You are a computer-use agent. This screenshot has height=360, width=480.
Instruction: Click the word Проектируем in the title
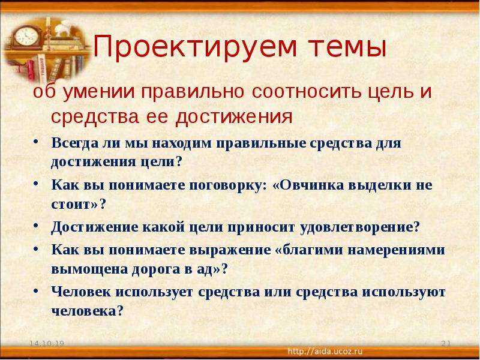point(195,47)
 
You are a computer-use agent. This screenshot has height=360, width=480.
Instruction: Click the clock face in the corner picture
point(26,36)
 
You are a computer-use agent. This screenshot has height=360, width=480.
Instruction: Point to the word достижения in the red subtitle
point(234,117)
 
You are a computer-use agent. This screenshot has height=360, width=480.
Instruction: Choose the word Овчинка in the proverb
point(307,185)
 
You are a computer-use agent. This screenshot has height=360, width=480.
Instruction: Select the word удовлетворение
point(359,227)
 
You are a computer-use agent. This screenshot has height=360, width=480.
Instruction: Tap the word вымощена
point(89,269)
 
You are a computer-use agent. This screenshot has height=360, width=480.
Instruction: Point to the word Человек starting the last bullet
point(81,292)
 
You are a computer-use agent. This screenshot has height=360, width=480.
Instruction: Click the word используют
point(404,292)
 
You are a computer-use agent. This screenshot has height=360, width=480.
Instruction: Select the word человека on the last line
point(83,311)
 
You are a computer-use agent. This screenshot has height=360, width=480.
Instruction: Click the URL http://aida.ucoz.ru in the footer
point(325,351)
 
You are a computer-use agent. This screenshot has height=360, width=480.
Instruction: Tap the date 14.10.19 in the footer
point(47,343)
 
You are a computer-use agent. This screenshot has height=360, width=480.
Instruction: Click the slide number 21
point(446,343)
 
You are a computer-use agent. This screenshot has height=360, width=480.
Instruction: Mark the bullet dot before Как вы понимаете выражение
point(36,250)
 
